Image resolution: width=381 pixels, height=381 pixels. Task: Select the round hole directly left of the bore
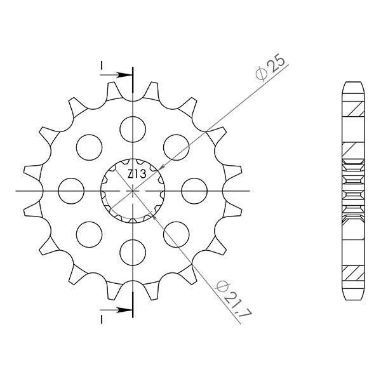click(71, 190)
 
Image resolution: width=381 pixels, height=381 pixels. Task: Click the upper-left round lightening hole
click(89, 147)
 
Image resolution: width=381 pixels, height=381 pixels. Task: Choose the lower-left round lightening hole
click(89, 234)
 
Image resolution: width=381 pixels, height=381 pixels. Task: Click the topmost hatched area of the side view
click(354, 109)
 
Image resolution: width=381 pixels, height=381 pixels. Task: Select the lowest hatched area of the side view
click(354, 272)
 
